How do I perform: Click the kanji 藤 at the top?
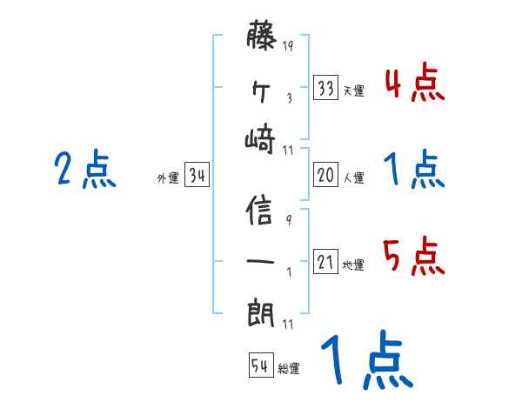(x=262, y=38)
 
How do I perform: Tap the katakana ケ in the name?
(x=262, y=90)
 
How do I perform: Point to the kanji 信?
(x=262, y=211)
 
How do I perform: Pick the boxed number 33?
(x=325, y=89)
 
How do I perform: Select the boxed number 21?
(x=325, y=262)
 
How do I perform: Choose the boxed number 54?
(x=260, y=365)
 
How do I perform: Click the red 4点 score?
(x=414, y=84)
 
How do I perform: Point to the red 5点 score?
(x=414, y=257)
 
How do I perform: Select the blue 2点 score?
(x=84, y=170)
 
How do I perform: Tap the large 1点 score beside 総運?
(x=365, y=360)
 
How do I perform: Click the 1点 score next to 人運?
(x=414, y=170)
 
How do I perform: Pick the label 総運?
(x=289, y=368)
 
